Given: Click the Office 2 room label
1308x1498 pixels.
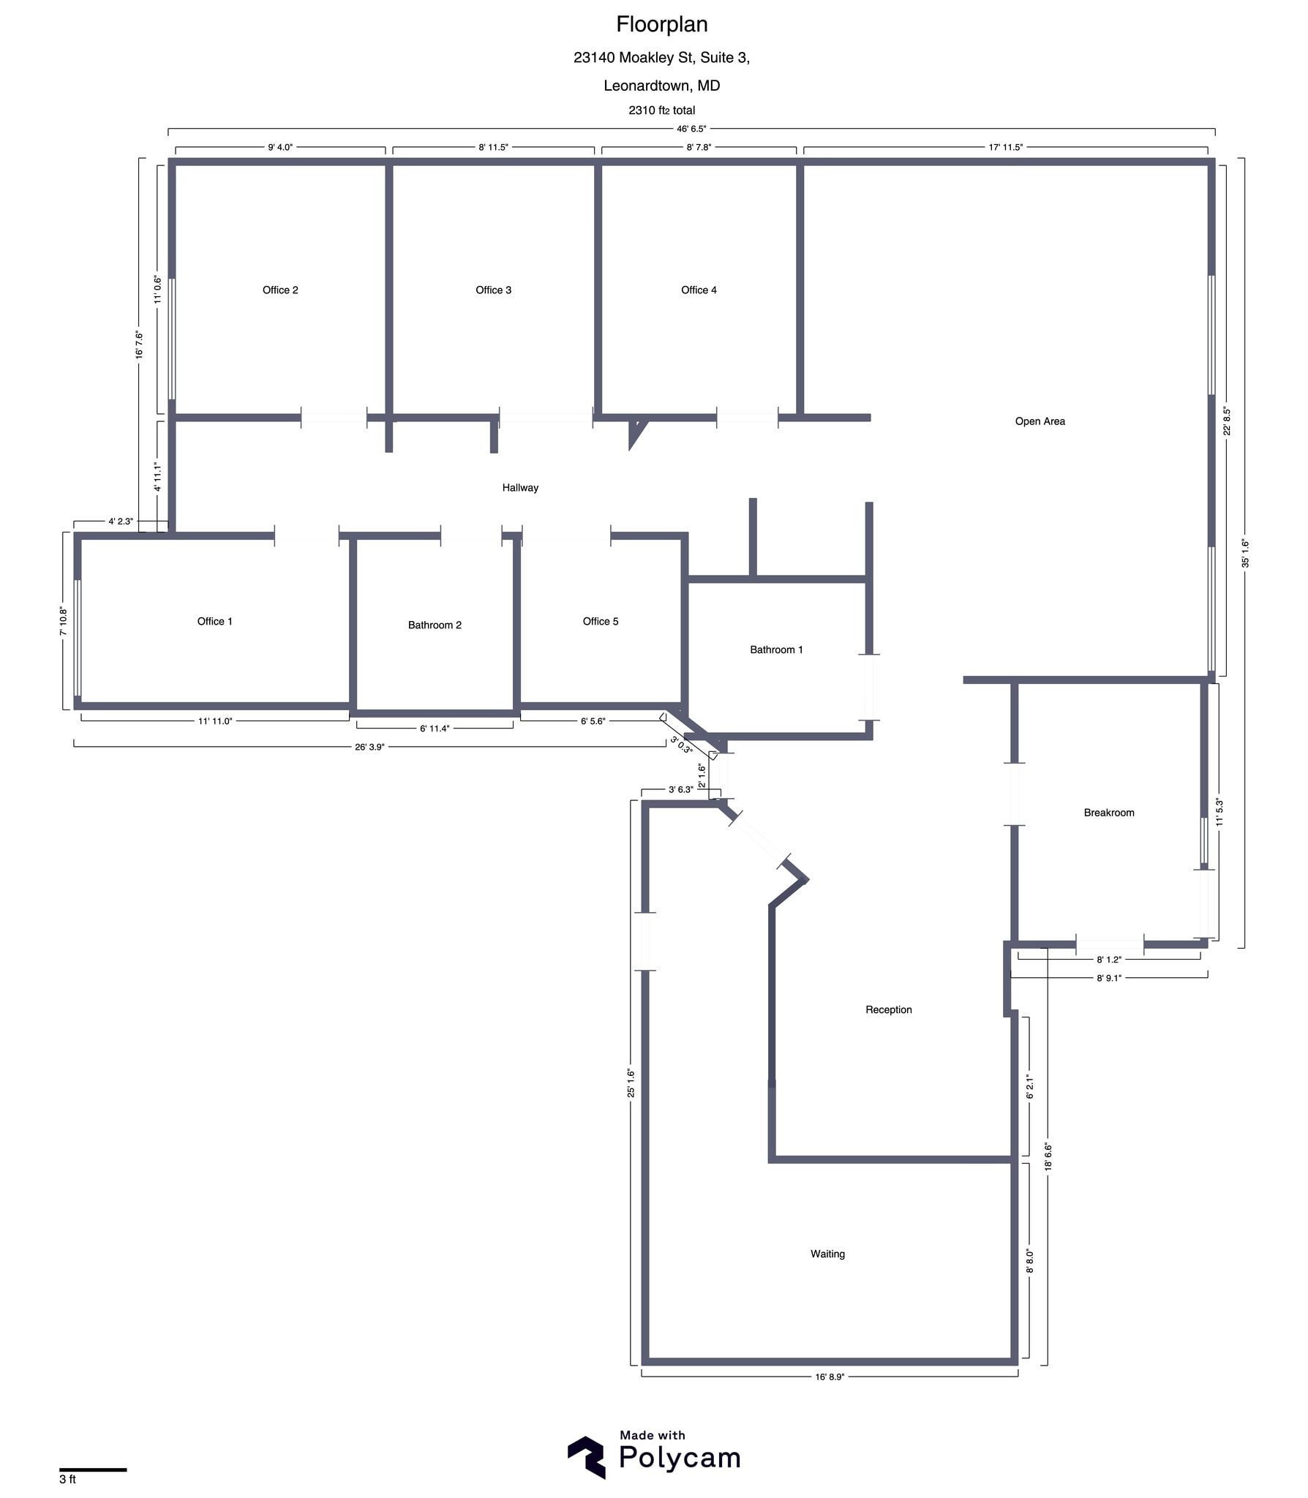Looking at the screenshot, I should pos(280,290).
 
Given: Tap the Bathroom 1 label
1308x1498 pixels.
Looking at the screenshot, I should pos(776,650).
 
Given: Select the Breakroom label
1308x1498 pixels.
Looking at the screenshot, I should pos(1108,813).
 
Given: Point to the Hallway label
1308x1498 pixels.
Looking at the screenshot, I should pos(520,488).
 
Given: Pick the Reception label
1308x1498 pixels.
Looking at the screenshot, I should pos(888,1010).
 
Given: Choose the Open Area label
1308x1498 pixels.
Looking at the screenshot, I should pos(1040,421).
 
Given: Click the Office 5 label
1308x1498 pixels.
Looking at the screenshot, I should pos(600,622).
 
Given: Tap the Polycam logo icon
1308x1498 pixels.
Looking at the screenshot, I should pos(586,1457).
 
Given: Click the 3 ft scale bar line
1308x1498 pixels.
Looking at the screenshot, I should pos(93,1469).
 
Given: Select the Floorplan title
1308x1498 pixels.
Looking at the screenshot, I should pos(661,25).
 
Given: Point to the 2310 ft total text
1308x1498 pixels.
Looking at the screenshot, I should pos(661,110).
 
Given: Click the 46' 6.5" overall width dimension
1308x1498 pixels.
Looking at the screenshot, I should pos(691,129).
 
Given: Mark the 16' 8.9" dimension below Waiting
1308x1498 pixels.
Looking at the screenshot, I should pos(830,1377).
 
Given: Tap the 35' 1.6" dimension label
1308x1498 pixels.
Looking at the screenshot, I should pos(1245,553).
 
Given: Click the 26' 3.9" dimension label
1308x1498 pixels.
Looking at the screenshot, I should pos(369,747).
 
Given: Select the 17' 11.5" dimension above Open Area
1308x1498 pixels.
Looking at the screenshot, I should pos(1005,147).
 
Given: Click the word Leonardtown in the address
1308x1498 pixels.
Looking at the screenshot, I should pos(647,86).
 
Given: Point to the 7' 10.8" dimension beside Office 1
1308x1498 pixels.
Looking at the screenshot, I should pos(64,621).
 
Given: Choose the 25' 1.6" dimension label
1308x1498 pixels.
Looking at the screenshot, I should pos(631,1083).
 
